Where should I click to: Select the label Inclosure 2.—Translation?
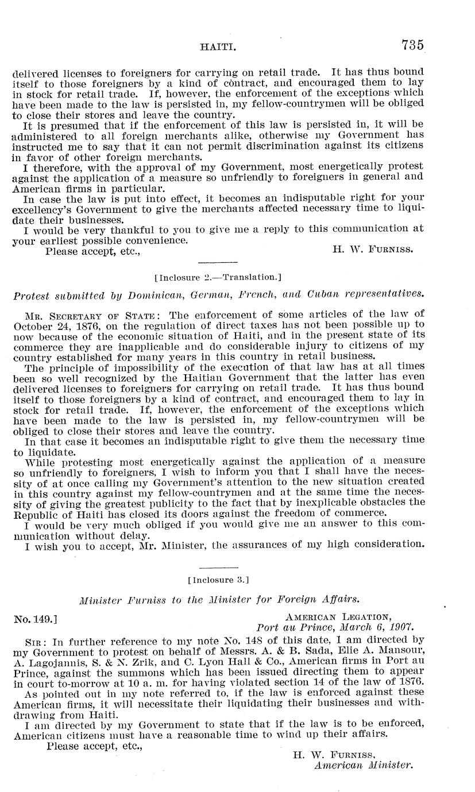coord(218,277)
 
